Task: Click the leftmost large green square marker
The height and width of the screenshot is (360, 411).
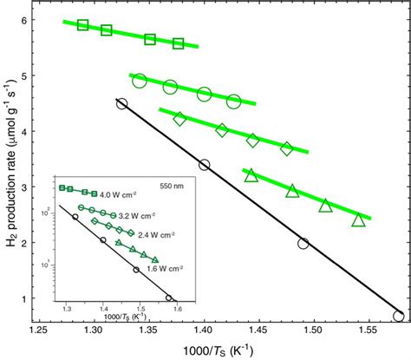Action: [83, 24]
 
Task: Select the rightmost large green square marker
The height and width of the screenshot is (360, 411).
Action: [179, 43]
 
